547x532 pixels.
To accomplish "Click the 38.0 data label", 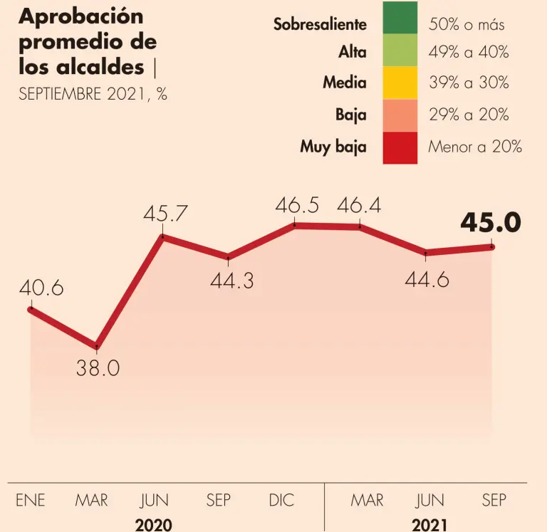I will tap(98, 369).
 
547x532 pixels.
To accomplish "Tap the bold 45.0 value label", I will tap(491, 223).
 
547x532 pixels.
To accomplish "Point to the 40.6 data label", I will tap(41, 288).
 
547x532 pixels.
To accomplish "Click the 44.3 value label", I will tap(232, 281).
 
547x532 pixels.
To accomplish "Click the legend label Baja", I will tap(351, 115).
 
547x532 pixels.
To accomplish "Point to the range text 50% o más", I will tap(467, 25).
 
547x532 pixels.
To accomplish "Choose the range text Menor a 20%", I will tap(475, 147).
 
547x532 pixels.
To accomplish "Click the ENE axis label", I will tap(31, 501).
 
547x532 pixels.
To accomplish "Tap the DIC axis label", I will tap(281, 501).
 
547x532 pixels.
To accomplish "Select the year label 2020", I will tap(154, 524).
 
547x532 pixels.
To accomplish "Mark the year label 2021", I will tap(429, 524).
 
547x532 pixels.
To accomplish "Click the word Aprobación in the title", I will tap(80, 16).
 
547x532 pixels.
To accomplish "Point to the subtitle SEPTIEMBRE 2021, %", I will tap(93, 95).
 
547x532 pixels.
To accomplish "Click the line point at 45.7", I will tap(164, 236).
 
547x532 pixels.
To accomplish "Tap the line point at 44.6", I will tap(426, 253).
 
